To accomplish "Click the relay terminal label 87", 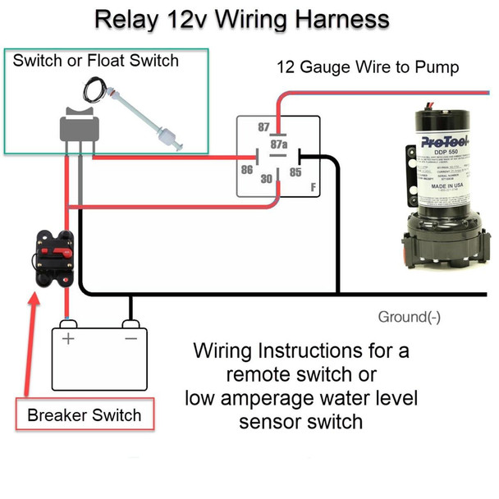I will point(263,127).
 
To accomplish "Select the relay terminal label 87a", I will point(279,144).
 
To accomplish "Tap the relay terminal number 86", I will point(245,171).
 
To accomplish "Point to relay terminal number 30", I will point(267,180).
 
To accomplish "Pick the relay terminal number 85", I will point(295,172).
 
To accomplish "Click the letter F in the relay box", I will point(313,188).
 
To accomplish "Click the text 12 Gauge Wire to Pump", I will point(367,67).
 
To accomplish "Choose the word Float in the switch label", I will point(108,60).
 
